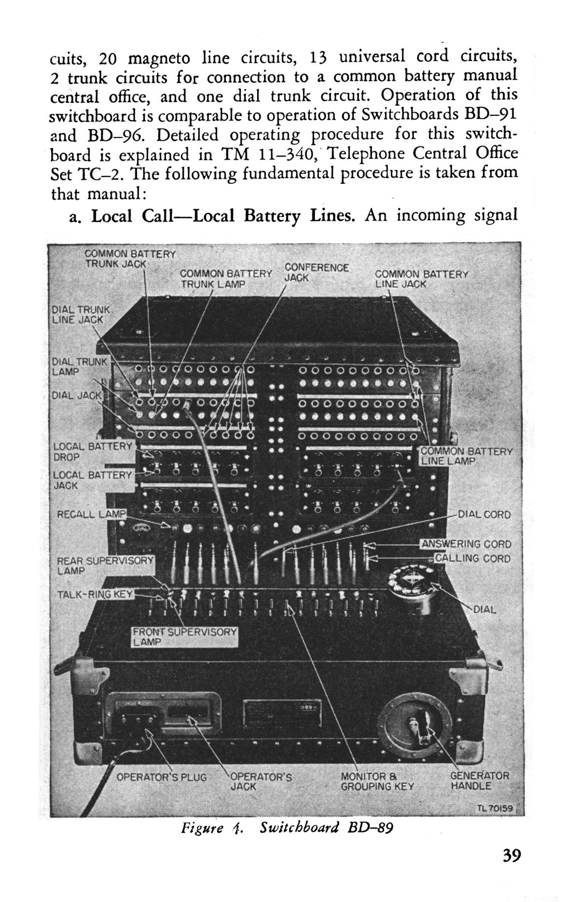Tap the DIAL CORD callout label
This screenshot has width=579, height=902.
(483, 514)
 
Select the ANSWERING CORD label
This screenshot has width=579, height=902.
(466, 544)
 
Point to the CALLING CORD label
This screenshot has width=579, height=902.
(472, 558)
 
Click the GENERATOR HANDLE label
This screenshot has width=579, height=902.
(479, 781)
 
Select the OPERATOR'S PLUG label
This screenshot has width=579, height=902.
(161, 778)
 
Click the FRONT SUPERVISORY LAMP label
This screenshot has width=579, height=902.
(185, 637)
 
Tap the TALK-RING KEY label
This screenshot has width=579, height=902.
(94, 594)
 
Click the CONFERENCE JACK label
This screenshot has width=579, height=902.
(316, 273)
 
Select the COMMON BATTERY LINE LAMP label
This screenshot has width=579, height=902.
(466, 456)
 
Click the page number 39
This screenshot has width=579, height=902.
(511, 856)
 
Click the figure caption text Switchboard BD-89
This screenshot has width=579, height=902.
(326, 828)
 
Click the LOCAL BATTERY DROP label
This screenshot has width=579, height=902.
(92, 451)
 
